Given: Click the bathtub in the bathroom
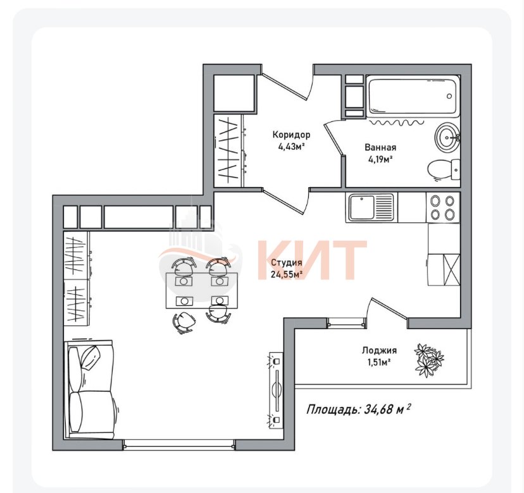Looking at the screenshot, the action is [413, 96].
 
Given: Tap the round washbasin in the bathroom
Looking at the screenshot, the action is [447, 137].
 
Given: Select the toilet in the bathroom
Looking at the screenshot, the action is [444, 170].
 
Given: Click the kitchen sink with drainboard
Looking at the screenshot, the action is [371, 208].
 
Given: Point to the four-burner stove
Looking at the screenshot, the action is [443, 207].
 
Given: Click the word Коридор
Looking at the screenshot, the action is [291, 135].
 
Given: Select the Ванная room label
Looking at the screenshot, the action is [380, 147].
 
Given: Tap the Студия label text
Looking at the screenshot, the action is [287, 263].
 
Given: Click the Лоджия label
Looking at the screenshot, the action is [379, 351].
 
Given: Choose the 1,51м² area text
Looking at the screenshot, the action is [379, 362].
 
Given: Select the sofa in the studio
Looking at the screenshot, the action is [91, 389].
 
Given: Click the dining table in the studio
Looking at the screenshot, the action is [202, 290].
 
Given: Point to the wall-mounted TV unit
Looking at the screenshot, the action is [276, 389].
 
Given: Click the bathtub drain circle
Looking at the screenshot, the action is [449, 96].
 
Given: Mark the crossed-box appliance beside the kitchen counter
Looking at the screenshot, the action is [451, 270].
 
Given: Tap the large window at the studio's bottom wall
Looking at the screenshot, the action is [179, 445].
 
